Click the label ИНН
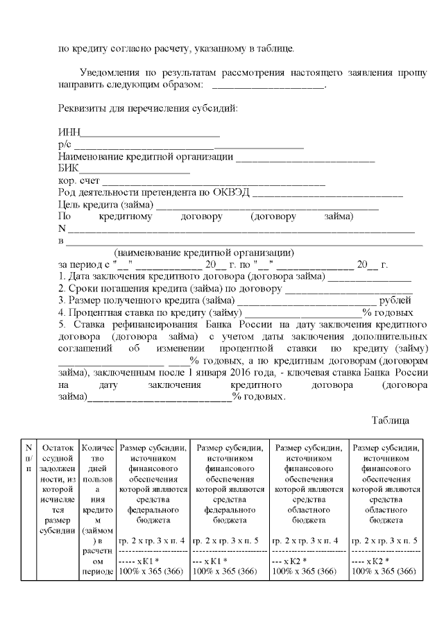pyautogui.click(x=68, y=133)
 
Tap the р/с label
pyautogui.click(x=65, y=145)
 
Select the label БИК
pyautogui.click(x=68, y=169)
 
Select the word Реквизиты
pyautogui.click(x=82, y=109)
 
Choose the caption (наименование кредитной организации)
pyautogui.click(x=205, y=253)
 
